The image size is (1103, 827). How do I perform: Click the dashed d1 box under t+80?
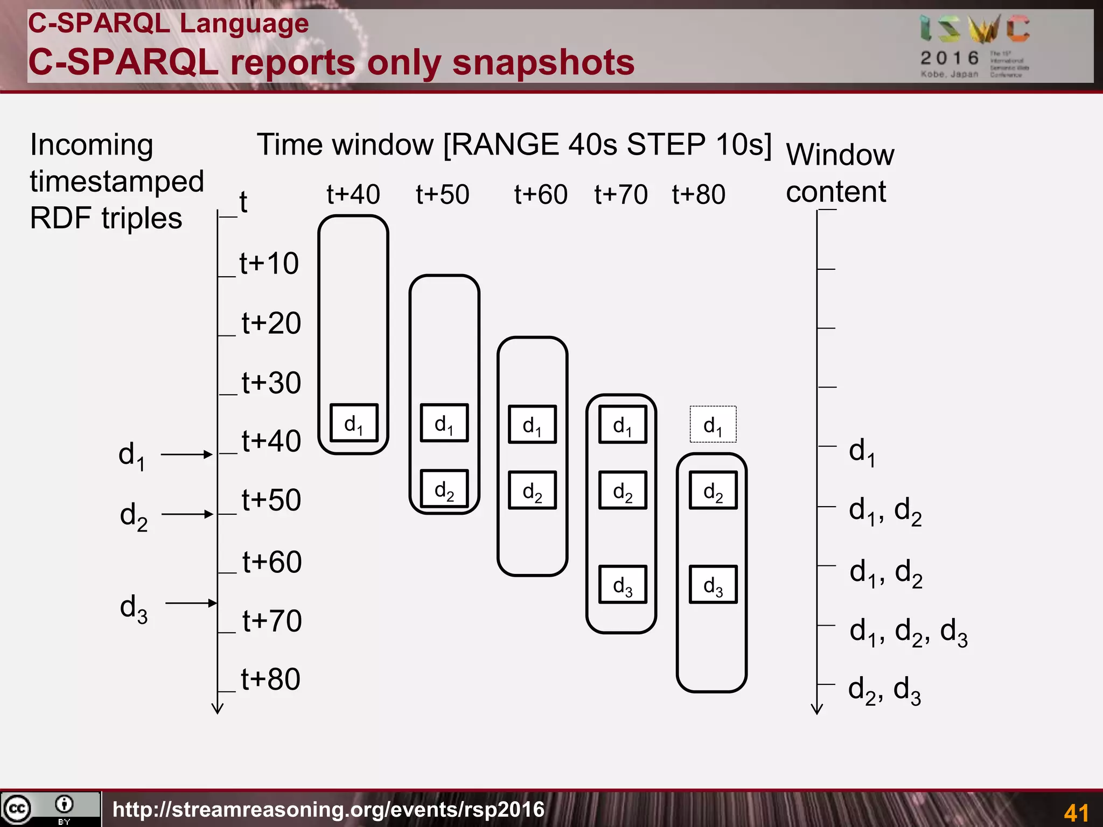point(713,424)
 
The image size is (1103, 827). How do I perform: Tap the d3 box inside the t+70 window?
point(622,584)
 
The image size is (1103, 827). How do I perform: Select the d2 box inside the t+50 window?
point(444,489)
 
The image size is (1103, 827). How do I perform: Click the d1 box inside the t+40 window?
point(353,423)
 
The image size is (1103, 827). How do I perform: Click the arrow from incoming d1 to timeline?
point(186,454)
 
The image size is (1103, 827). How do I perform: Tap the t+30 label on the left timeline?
point(271,383)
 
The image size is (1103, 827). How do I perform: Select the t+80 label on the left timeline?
point(270,679)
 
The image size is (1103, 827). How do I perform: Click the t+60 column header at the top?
point(540,194)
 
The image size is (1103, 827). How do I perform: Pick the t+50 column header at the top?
point(442,194)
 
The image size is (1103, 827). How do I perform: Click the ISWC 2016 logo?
point(975,46)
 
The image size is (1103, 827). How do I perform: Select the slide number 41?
point(1076,812)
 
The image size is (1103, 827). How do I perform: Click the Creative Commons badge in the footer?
point(50,809)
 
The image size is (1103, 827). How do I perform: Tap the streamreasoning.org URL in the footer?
point(329,809)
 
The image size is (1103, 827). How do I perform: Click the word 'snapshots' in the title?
point(543,62)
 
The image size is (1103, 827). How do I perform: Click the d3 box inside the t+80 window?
point(713,584)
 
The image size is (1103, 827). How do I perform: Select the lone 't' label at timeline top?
point(243,202)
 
